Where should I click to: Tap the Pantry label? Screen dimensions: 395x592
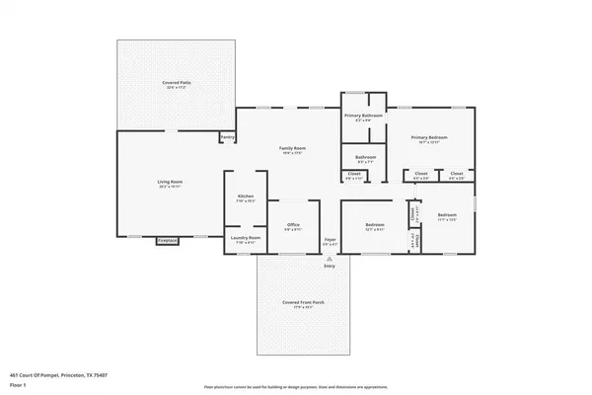(227, 137)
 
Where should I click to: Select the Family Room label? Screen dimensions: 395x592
(290, 147)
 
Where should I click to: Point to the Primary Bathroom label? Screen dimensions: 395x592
(363, 116)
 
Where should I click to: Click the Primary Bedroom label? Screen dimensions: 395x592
(428, 136)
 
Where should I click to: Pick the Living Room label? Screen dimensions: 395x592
(171, 182)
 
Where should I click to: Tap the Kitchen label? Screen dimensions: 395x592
(246, 197)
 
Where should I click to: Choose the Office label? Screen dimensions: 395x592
(293, 225)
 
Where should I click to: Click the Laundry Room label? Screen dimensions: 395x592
(246, 238)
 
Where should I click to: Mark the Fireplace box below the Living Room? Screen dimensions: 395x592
(168, 240)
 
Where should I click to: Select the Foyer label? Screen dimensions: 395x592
(331, 239)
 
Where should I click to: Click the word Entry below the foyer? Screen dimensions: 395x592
(330, 265)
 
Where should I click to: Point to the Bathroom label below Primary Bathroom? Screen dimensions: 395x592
(365, 155)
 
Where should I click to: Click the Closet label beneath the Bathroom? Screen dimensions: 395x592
(353, 175)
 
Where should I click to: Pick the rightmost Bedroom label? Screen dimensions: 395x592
(447, 215)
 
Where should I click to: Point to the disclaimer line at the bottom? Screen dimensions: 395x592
(296, 387)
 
